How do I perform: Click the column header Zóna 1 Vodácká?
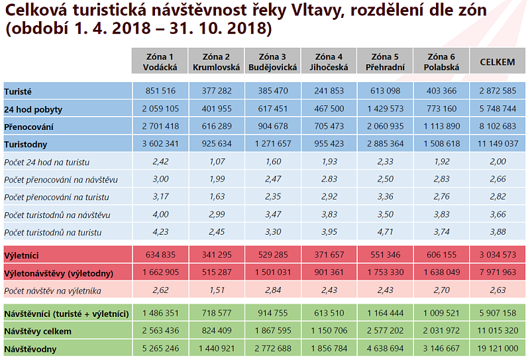point(160,62)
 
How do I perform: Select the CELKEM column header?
point(497,62)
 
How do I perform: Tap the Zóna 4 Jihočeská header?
point(329,62)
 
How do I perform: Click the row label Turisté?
point(18,91)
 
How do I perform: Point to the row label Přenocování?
point(29,126)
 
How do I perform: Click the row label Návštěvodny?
point(30,348)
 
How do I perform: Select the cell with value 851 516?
point(160,91)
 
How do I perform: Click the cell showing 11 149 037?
point(497,143)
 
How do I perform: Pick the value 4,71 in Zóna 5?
point(385,232)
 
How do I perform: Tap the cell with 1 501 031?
point(272,272)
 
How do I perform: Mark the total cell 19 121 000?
point(497,348)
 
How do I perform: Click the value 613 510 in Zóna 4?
point(329,313)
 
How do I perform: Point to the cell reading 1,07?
point(216,162)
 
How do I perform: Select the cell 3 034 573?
point(497,255)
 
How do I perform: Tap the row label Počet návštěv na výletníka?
point(57,290)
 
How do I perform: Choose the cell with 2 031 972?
point(441,331)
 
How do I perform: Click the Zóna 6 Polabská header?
point(441,62)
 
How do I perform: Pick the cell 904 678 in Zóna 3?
point(272,126)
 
